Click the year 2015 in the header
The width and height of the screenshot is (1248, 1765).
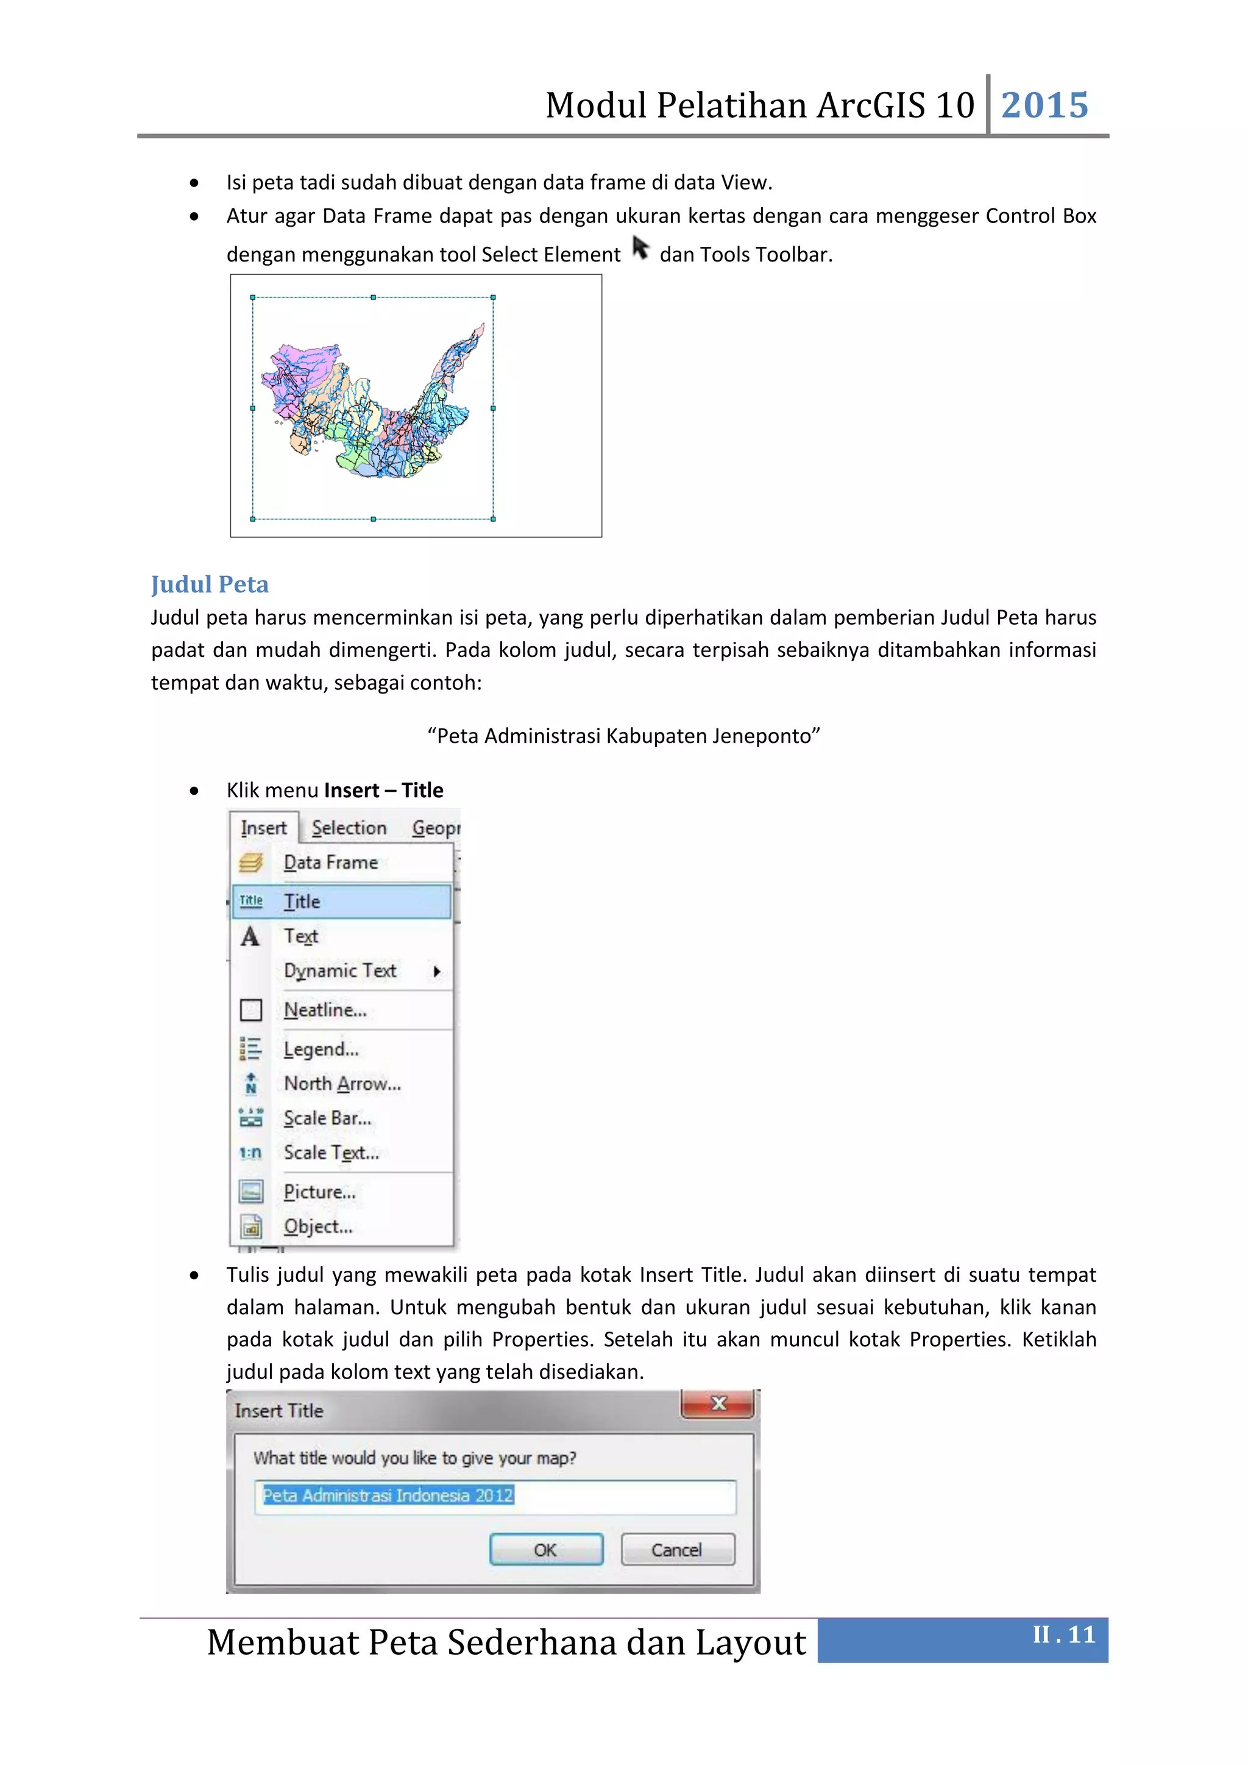click(x=1044, y=105)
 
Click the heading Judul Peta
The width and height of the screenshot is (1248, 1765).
click(x=210, y=584)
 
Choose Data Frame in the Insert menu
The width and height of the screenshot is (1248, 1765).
click(x=330, y=862)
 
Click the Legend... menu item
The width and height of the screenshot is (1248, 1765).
click(x=321, y=1049)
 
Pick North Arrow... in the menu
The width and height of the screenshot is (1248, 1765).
click(x=342, y=1084)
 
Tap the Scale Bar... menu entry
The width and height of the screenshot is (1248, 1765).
click(x=327, y=1118)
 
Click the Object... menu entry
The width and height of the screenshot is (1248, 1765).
click(x=318, y=1227)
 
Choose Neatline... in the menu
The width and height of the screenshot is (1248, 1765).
click(x=325, y=1010)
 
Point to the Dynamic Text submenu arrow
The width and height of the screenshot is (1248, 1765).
click(x=436, y=971)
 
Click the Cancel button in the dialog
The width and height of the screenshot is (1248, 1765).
click(x=677, y=1550)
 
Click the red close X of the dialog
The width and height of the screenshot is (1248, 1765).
click(x=718, y=1404)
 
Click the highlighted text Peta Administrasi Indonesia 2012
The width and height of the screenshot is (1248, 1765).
click(x=388, y=1495)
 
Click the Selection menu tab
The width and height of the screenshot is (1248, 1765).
click(x=349, y=828)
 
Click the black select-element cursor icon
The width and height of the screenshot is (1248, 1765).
click(x=640, y=248)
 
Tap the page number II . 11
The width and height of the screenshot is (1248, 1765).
click(x=1063, y=1635)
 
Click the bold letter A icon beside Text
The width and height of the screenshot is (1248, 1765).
click(x=250, y=936)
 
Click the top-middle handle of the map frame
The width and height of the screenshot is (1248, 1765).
click(x=374, y=297)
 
